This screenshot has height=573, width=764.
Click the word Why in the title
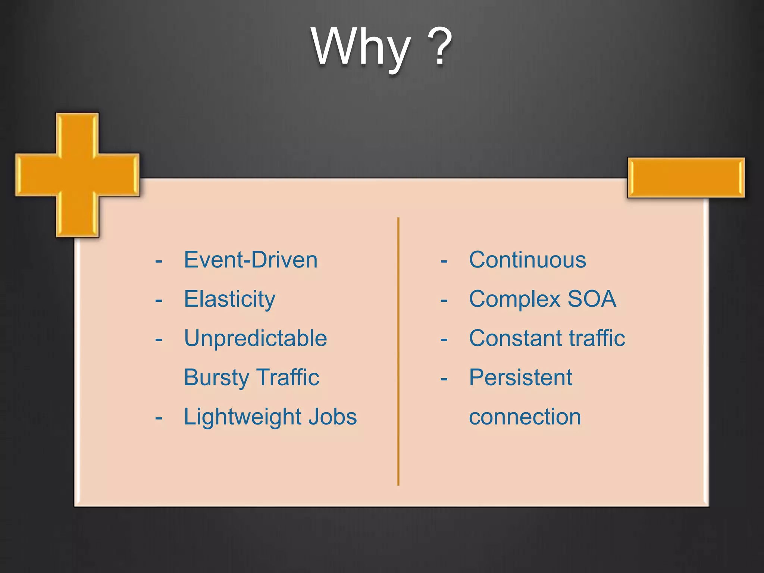[361, 48]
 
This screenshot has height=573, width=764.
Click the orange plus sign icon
[77, 175]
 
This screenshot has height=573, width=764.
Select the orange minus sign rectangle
[686, 178]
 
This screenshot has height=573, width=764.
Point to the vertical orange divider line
[398, 351]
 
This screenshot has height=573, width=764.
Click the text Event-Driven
[251, 260]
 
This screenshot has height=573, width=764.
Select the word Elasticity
[229, 299]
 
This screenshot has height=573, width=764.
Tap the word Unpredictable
[256, 338]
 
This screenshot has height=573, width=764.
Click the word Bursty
[216, 378]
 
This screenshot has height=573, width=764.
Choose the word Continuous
[527, 260]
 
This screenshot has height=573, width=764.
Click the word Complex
[515, 299]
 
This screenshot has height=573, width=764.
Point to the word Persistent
[520, 378]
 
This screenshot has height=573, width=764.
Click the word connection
[525, 417]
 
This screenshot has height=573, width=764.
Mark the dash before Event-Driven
[159, 262]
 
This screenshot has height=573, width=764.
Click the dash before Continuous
[444, 262]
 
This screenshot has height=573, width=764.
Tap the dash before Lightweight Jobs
[159, 418]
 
